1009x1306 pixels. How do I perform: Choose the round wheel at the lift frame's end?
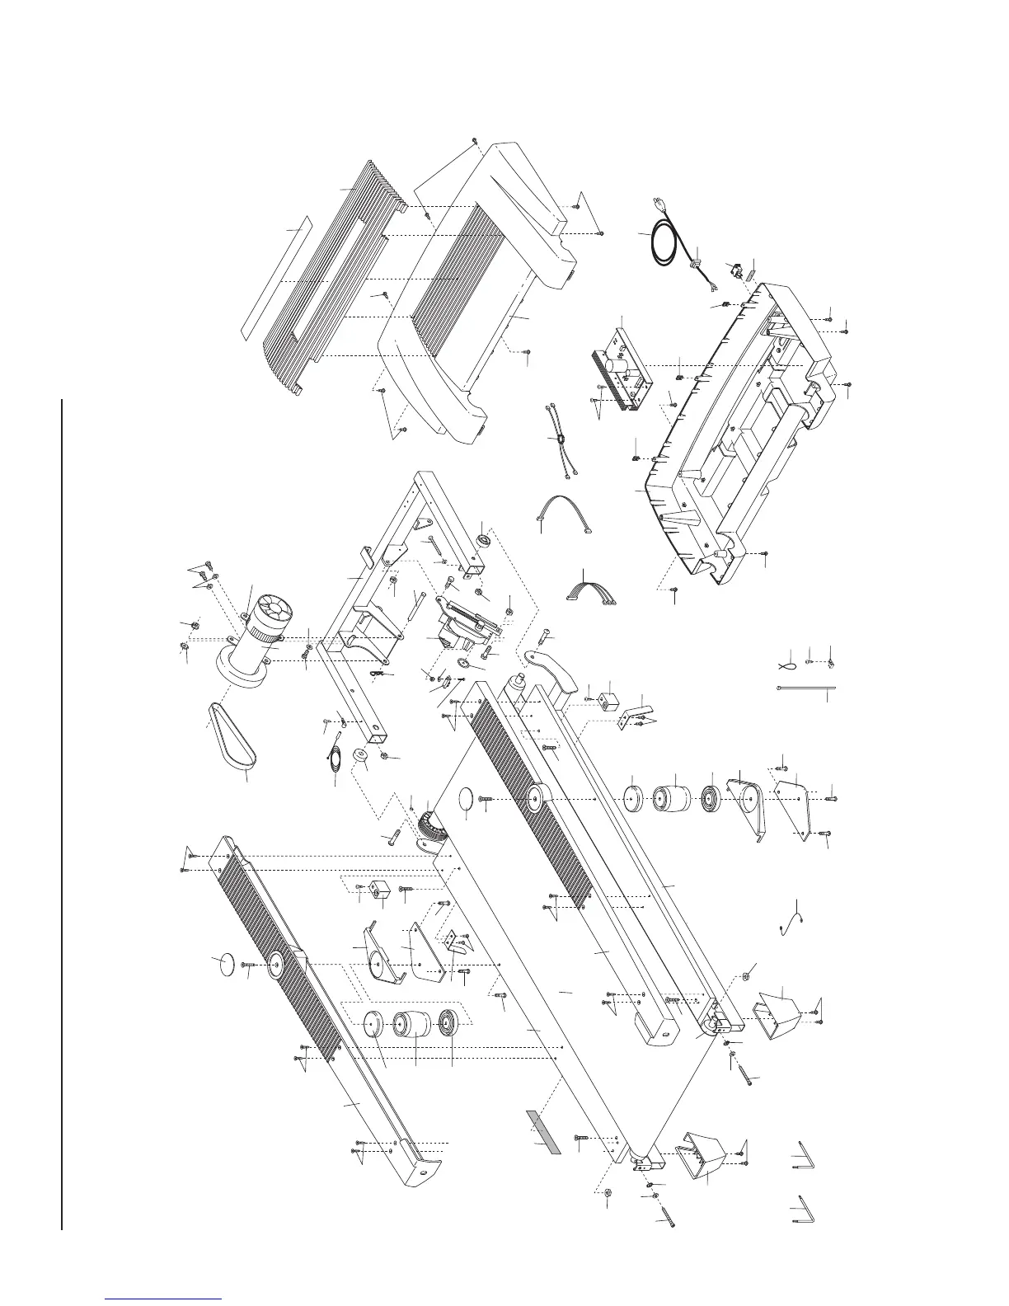pyautogui.click(x=484, y=541)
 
